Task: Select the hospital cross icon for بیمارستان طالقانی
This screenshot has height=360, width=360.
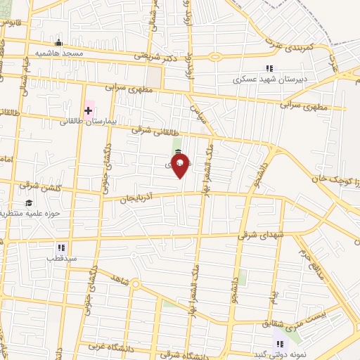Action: (89, 110)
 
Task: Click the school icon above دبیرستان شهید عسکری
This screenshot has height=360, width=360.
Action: (269, 68)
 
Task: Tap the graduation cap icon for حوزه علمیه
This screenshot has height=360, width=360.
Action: (29, 203)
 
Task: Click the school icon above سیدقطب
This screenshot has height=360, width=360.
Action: (60, 247)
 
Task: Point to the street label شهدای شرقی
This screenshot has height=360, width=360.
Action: (259, 236)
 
